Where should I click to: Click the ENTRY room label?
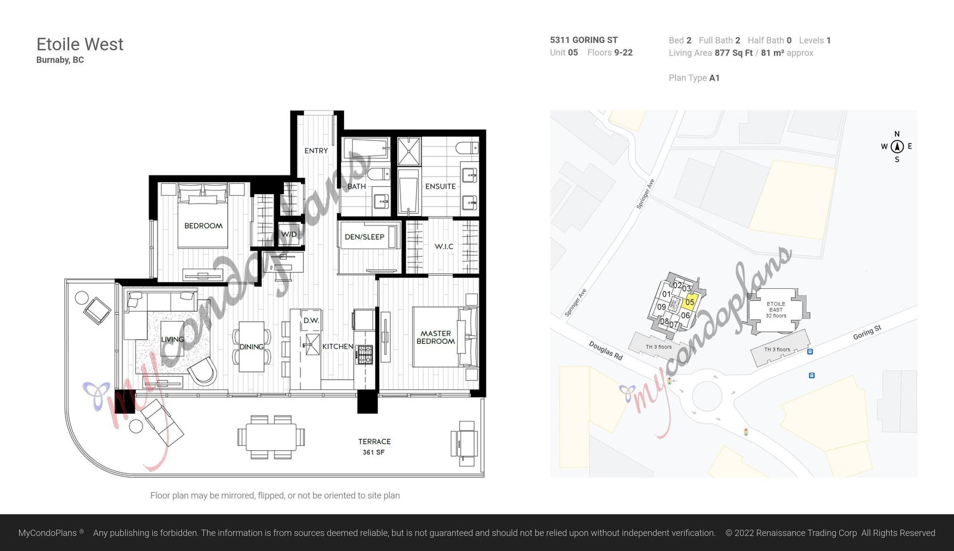[316, 150]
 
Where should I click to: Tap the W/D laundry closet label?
[289, 234]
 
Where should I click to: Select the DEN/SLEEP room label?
[364, 236]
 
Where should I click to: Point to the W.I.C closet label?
[444, 247]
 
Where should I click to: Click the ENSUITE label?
[441, 186]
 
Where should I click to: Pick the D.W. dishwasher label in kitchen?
[311, 321]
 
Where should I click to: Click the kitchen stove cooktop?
[364, 355]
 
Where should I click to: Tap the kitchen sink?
[311, 344]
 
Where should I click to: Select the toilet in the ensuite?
[467, 148]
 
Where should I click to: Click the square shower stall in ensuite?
[409, 152]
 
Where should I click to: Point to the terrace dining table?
[271, 437]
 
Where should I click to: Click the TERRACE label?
[374, 441]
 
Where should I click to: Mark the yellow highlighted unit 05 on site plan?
[689, 301]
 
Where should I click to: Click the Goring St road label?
[867, 333]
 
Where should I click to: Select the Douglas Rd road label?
[606, 350]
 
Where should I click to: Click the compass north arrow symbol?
[897, 146]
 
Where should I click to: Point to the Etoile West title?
[80, 44]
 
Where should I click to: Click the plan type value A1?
[714, 78]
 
